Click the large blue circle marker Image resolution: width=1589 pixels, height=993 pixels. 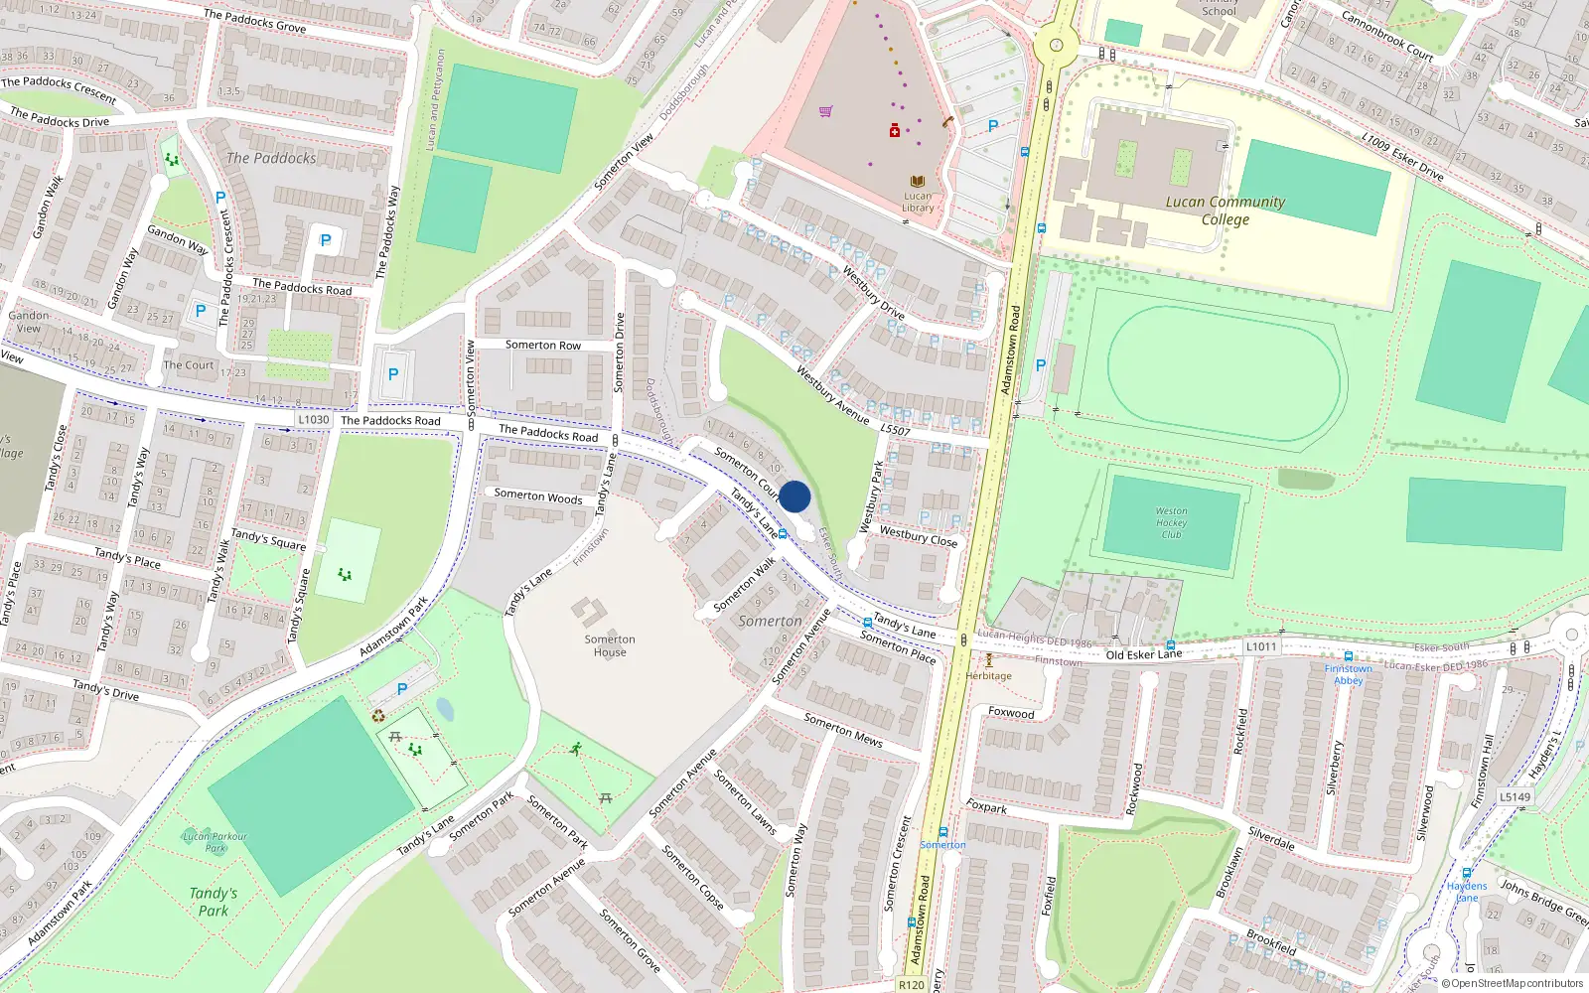coord(794,496)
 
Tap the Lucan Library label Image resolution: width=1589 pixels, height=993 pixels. coord(918,202)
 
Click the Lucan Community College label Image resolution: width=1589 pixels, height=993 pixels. coord(1225,211)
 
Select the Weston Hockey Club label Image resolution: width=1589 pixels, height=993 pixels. coord(1171,522)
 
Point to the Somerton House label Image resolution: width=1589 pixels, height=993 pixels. coord(610,645)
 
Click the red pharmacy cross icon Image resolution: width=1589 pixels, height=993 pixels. coord(894,130)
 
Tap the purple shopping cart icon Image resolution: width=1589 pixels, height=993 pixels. coord(825,111)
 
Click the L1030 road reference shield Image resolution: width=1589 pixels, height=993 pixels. coord(313,420)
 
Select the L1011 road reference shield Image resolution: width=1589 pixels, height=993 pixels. coord(1261,646)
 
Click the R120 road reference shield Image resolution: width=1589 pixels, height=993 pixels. coord(911,984)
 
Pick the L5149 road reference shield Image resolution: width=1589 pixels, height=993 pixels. coord(1515,796)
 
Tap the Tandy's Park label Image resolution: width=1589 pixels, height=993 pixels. coord(213,902)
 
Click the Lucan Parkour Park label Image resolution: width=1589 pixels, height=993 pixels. coord(215,842)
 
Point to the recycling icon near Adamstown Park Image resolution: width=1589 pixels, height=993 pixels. coord(377,716)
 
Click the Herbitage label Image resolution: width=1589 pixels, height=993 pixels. coord(989,675)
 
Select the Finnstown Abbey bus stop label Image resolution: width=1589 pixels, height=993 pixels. coord(1348,674)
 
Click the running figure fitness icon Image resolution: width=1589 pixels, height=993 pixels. coord(576,749)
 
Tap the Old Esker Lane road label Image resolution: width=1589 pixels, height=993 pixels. coord(1143,654)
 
